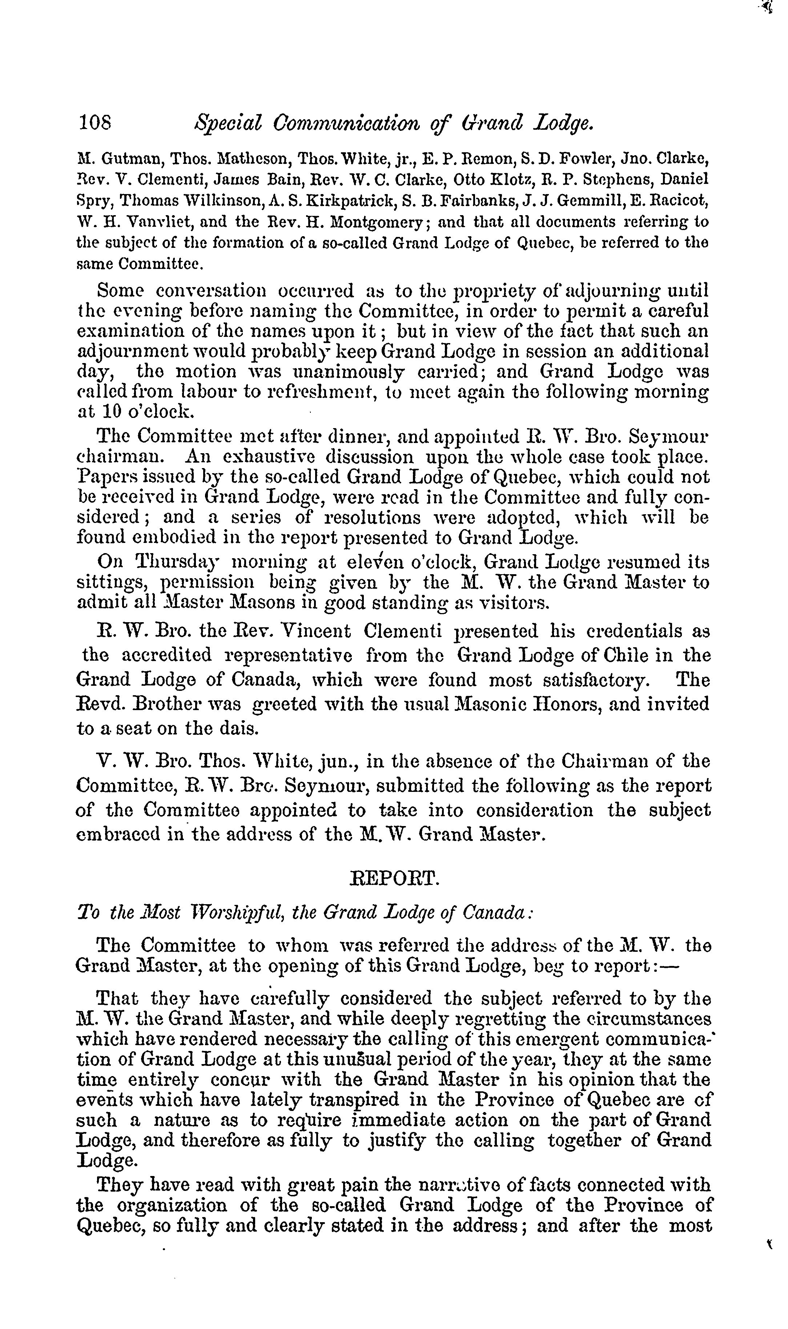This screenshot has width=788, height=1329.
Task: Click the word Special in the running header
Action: [229, 123]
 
